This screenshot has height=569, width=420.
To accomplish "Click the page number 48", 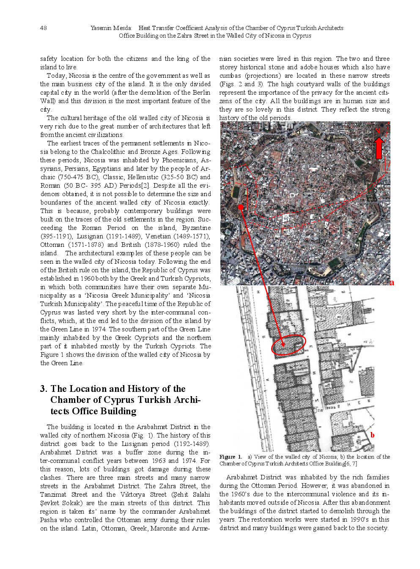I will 43,28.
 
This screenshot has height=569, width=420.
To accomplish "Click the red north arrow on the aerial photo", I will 379,146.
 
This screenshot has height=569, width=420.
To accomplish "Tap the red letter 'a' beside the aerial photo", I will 392,282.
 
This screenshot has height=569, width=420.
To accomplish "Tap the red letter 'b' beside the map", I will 372,435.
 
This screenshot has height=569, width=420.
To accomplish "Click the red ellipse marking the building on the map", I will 288,345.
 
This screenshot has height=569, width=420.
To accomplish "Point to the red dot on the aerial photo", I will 241,207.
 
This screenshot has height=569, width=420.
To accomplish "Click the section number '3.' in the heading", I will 44,389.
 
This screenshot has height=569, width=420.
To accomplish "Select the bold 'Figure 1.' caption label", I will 231,457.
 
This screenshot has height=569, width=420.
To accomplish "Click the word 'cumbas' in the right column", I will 230,76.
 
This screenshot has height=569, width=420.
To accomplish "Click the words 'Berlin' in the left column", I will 201,93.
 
